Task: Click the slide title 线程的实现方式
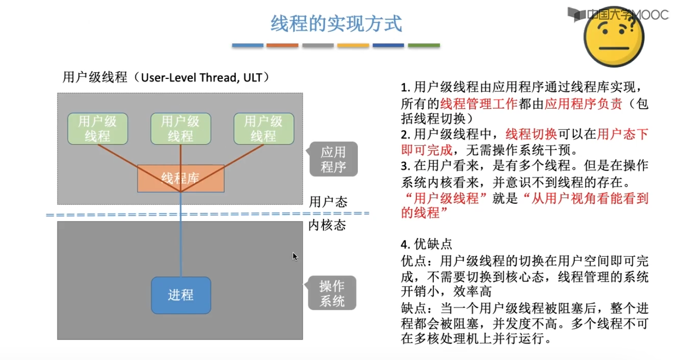pyautogui.click(x=336, y=24)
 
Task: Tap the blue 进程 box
pyautogui.click(x=181, y=295)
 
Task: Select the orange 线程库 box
pyautogui.click(x=180, y=178)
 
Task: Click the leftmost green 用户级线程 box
pyautogui.click(x=97, y=129)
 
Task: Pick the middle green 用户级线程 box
pyautogui.click(x=180, y=129)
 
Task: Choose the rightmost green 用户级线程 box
pyautogui.click(x=263, y=129)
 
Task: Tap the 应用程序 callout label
pyautogui.click(x=333, y=159)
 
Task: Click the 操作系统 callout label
pyautogui.click(x=332, y=293)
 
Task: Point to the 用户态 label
pyautogui.click(x=328, y=202)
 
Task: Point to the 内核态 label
pyautogui.click(x=327, y=225)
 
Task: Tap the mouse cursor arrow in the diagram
pyautogui.click(x=295, y=256)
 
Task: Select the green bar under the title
pyautogui.click(x=424, y=45)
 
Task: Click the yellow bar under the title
pyautogui.click(x=353, y=45)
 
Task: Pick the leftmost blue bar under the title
pyautogui.click(x=247, y=45)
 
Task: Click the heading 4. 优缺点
pyautogui.click(x=426, y=244)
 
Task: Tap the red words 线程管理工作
pyautogui.click(x=479, y=104)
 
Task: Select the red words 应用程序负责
pyautogui.click(x=583, y=104)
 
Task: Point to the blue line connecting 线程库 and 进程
pyautogui.click(x=181, y=236)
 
